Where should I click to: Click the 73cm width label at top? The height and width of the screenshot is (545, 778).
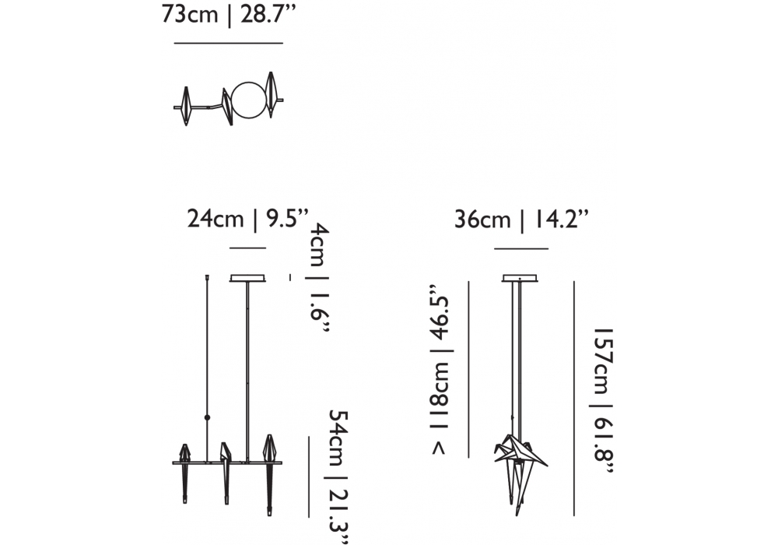click(190, 14)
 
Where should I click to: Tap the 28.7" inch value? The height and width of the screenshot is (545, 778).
click(268, 14)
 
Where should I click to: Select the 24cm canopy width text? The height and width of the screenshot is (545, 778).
click(216, 219)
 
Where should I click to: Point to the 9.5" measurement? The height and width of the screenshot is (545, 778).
click(287, 219)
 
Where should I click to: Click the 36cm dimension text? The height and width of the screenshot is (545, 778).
click(482, 219)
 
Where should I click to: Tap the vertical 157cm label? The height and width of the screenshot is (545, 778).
click(605, 360)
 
